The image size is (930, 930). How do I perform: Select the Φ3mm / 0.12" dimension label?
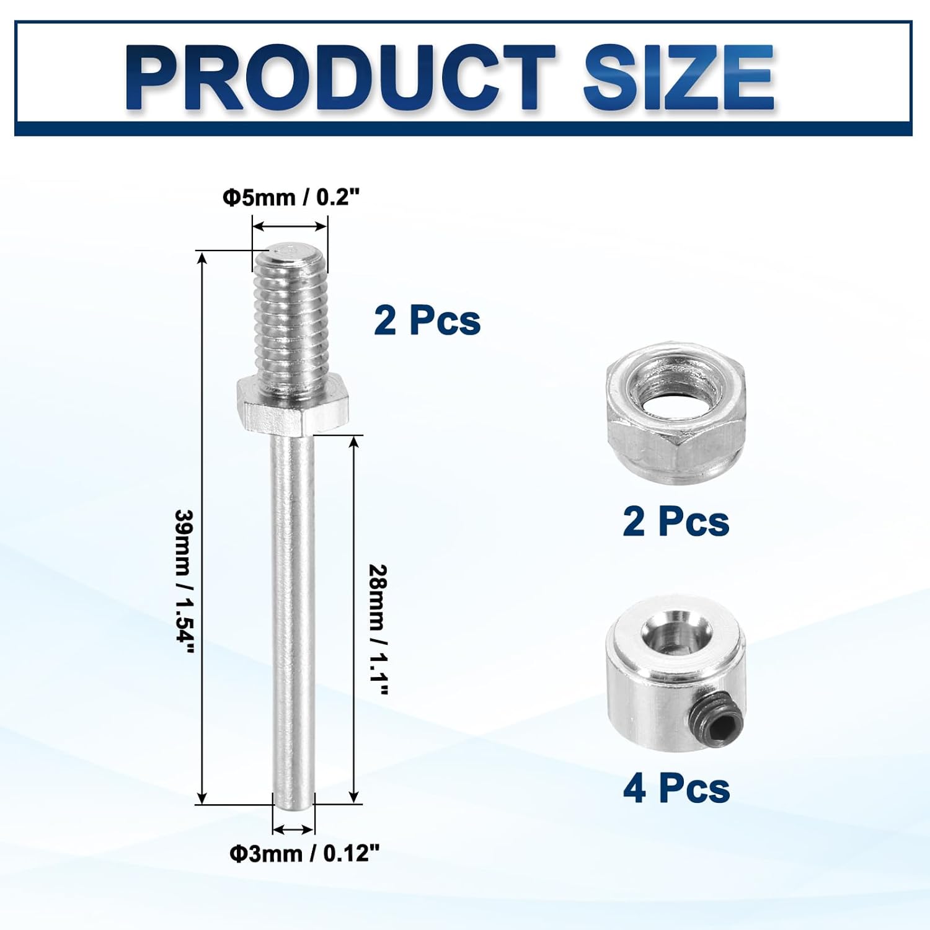(304, 854)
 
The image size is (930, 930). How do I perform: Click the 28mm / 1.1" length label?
(378, 630)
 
